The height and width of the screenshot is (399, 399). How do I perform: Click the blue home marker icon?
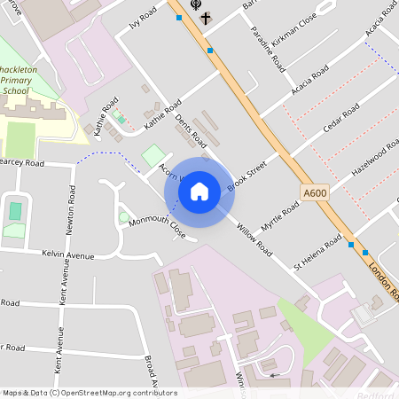click(199, 192)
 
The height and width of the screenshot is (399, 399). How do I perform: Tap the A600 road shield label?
click(315, 192)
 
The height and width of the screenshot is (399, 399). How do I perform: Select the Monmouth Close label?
click(156, 229)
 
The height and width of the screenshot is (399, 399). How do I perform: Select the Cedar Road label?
click(340, 121)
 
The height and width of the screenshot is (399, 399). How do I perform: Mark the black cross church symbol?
click(206, 17)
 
